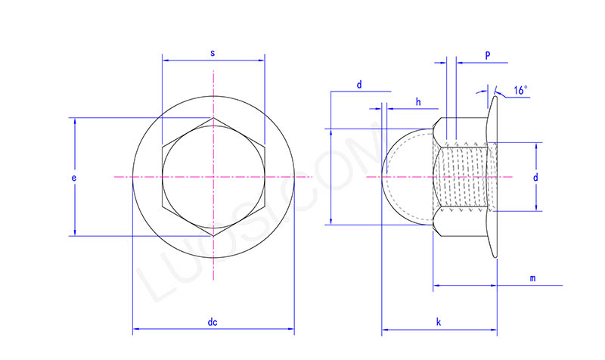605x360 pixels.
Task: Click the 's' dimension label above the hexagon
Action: (x=213, y=53)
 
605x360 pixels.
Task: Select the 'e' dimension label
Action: (x=73, y=178)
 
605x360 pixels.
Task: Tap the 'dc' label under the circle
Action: (x=213, y=323)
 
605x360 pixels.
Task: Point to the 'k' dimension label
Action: (x=439, y=323)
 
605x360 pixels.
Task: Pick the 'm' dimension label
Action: (x=532, y=278)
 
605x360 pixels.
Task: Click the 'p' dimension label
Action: (x=487, y=55)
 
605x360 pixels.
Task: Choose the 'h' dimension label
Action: (x=417, y=101)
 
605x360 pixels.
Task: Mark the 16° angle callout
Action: (x=520, y=90)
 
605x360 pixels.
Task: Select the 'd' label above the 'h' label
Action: (x=359, y=85)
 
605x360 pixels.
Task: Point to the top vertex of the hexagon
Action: (x=213, y=118)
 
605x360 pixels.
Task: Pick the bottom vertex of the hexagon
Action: (x=213, y=236)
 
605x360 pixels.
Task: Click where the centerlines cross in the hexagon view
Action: (x=213, y=177)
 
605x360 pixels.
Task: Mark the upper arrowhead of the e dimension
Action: (x=75, y=121)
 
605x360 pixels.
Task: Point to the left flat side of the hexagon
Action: (x=162, y=177)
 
